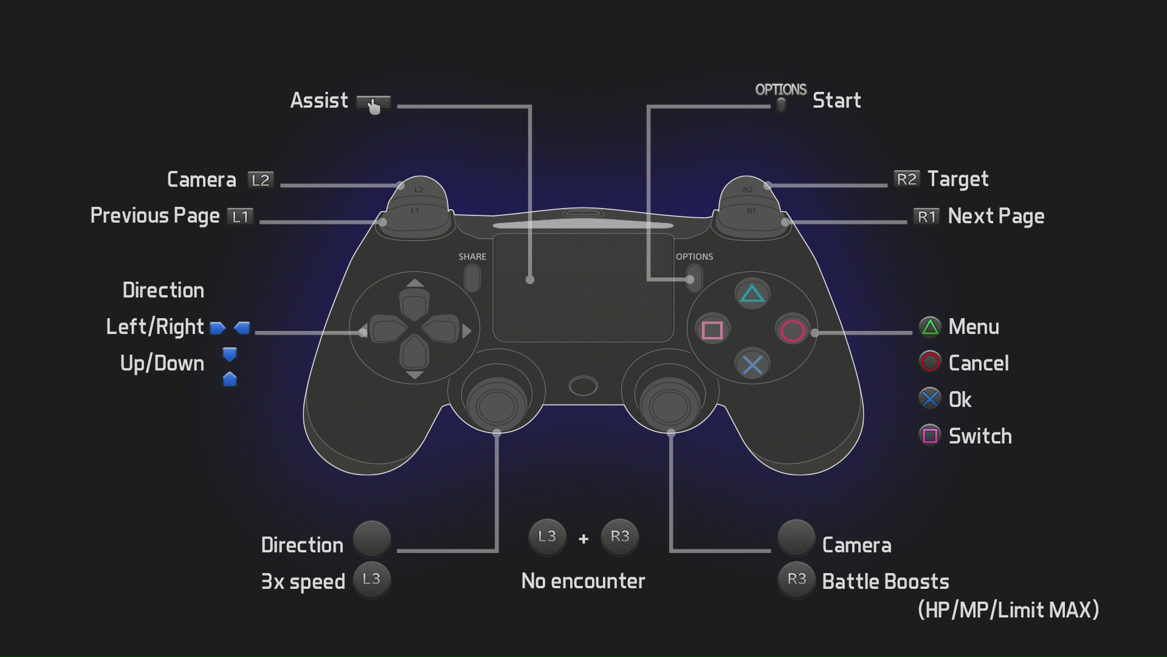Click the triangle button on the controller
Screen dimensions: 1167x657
[x=752, y=294]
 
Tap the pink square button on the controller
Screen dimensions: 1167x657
[x=712, y=330]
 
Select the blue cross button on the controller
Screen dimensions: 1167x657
[x=752, y=365]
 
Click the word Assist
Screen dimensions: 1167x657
[x=319, y=100]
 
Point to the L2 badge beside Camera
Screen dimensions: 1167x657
[x=261, y=180]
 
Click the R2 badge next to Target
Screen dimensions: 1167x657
[x=906, y=179]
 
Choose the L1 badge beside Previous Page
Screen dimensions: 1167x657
[x=240, y=217]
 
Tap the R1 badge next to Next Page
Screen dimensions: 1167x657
[x=926, y=217]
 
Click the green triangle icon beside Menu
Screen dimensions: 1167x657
[x=930, y=327]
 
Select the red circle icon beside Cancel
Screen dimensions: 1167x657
[x=930, y=363]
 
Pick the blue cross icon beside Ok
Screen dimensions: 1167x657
[x=930, y=399]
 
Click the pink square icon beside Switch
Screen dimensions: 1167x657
[x=930, y=436]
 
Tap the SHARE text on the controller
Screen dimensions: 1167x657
[x=472, y=257]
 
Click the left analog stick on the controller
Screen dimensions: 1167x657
[x=497, y=405]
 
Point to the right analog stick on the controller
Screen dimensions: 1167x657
[x=670, y=405]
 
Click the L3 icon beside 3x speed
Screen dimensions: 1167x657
[x=371, y=580]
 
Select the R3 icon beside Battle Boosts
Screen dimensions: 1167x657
[x=796, y=580]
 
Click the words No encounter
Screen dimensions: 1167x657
[x=583, y=582]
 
